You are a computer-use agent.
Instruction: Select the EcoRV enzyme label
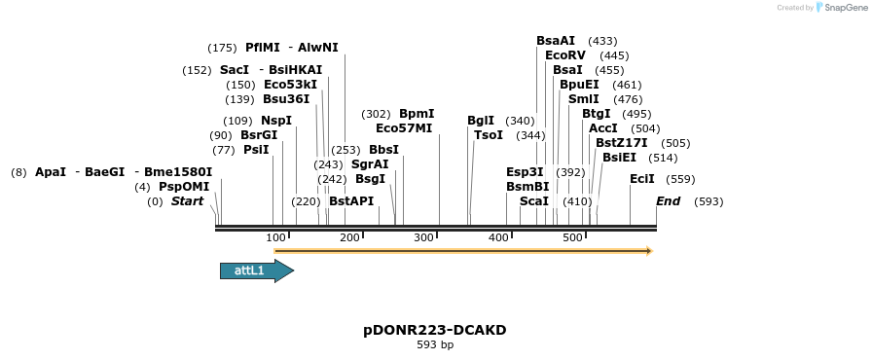(x=565, y=55)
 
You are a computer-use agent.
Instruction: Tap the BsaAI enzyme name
(x=556, y=41)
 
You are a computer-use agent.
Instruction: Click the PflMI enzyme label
(x=263, y=48)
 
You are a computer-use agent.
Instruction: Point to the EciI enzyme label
(x=642, y=179)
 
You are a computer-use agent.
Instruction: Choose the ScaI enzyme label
(x=534, y=201)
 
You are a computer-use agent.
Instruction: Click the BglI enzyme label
(x=481, y=121)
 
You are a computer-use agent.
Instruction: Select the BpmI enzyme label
(x=417, y=114)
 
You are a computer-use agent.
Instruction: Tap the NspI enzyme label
(x=276, y=121)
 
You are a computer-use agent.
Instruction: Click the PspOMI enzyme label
(x=184, y=187)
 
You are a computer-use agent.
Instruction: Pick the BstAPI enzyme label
(x=351, y=201)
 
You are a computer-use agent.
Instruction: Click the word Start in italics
(x=188, y=201)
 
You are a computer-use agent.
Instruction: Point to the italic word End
(x=669, y=201)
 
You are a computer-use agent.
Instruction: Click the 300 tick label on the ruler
(x=424, y=237)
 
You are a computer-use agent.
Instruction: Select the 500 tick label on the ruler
(x=572, y=237)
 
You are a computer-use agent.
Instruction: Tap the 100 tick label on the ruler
(x=275, y=237)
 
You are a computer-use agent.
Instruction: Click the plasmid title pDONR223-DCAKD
(x=435, y=330)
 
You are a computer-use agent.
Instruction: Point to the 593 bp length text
(x=435, y=344)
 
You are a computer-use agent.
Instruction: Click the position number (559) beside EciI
(x=681, y=179)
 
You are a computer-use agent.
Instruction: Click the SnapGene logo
(x=841, y=8)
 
